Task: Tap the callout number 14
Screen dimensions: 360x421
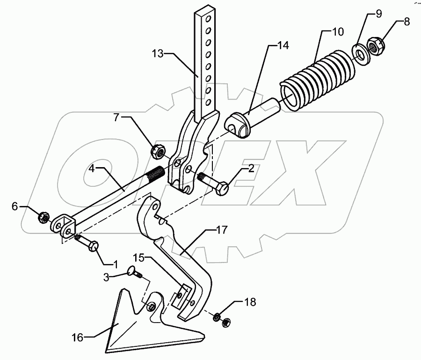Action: (283, 45)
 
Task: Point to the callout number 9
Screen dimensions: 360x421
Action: (378, 14)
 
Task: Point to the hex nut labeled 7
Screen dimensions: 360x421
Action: (158, 151)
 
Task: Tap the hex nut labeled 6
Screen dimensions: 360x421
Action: (42, 217)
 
